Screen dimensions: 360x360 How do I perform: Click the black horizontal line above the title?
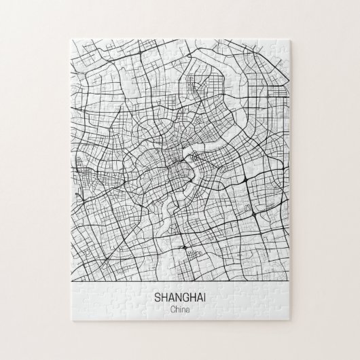coord(179,279)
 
